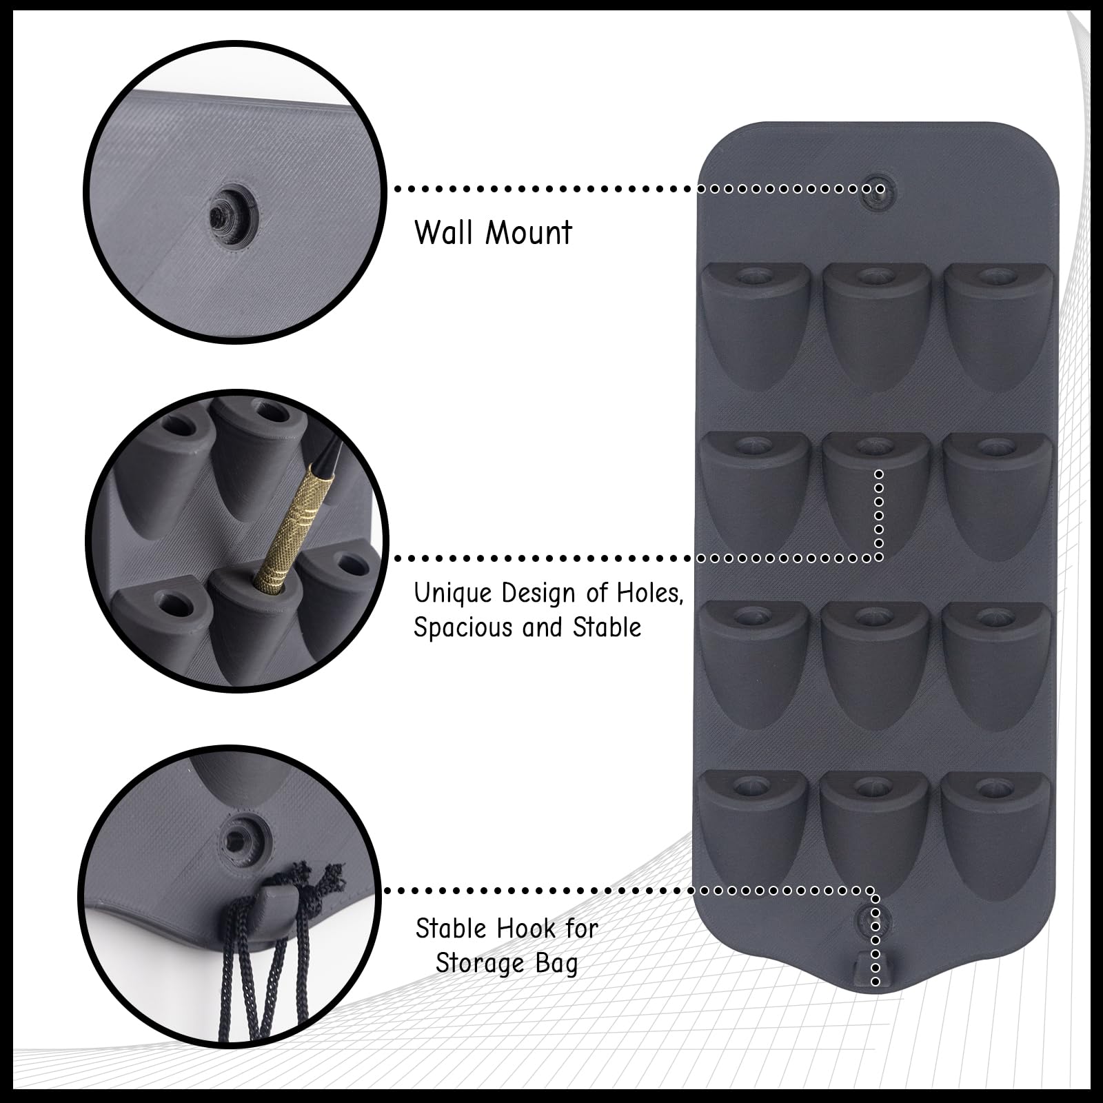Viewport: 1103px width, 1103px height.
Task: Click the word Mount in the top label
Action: click(x=529, y=233)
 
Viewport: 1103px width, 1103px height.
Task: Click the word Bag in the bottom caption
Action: click(x=555, y=964)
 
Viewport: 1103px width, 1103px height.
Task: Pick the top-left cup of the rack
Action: click(x=755, y=324)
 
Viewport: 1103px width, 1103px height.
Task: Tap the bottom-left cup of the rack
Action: click(x=753, y=831)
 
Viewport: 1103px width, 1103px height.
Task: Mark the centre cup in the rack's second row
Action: click(x=876, y=493)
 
